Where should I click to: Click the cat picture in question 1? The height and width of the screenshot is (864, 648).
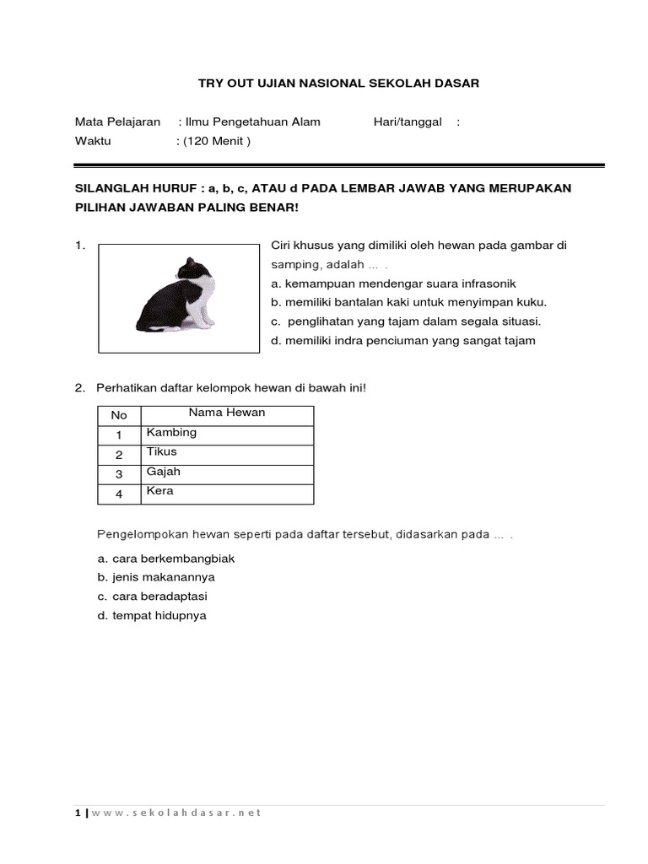point(180,297)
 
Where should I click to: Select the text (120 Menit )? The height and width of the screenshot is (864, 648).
point(213,141)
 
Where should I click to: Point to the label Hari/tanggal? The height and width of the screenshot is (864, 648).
point(408,121)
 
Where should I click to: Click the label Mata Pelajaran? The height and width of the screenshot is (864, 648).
point(118,121)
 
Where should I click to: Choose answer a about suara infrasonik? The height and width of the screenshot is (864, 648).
point(393,283)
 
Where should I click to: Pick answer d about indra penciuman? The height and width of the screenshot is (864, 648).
point(403,341)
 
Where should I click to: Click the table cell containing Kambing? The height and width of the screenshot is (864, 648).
point(228,433)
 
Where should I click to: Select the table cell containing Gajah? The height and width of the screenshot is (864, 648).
point(228,472)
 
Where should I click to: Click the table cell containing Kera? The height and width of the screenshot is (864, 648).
point(228,492)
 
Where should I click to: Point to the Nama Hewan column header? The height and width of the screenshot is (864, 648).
point(227,413)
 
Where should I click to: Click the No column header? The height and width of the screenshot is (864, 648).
point(119,414)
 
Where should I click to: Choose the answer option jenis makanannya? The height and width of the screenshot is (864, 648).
point(156,577)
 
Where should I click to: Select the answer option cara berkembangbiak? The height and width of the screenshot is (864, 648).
point(165,559)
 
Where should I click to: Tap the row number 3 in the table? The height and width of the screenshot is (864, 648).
point(119,474)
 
